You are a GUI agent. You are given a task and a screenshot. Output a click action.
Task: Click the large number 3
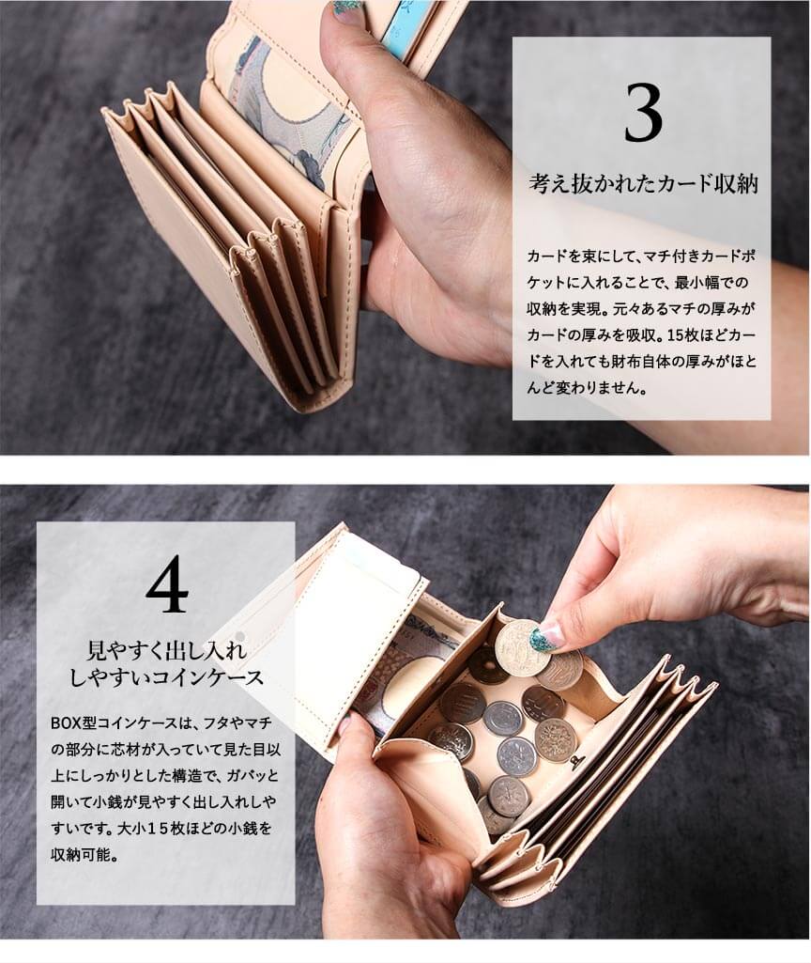click(642, 114)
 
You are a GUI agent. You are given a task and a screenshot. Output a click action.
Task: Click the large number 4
click(167, 584)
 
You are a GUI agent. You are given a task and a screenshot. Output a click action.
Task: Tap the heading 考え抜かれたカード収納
click(644, 183)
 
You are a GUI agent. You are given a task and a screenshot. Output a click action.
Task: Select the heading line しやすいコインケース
click(166, 677)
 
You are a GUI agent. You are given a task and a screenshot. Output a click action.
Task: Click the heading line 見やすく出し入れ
click(166, 650)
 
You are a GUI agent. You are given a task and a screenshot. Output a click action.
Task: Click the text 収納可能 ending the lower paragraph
click(83, 854)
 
